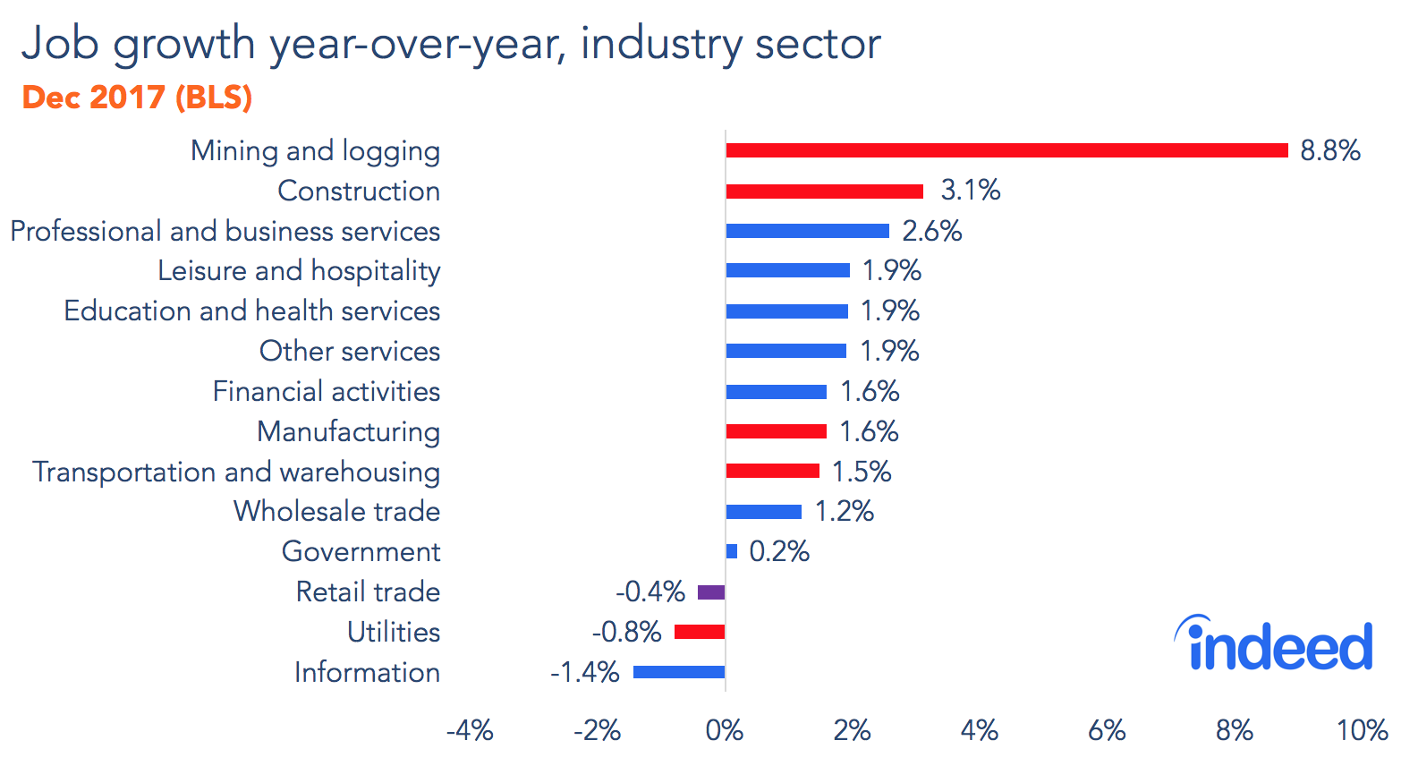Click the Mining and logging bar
tap(1006, 150)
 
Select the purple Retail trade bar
tap(711, 592)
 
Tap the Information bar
tap(679, 672)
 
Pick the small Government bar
tap(732, 551)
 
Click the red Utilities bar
tap(700, 632)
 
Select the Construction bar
tap(824, 191)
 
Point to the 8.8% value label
tap(1329, 150)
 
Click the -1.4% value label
tap(585, 672)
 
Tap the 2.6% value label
tap(931, 231)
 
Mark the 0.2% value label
tap(778, 551)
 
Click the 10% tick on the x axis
tap(1362, 731)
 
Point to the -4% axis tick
tap(470, 731)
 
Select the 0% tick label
tap(725, 731)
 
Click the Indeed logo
tap(1273, 644)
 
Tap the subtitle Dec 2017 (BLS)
tap(137, 97)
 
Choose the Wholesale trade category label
tap(336, 511)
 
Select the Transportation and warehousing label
tap(236, 472)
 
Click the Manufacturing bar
tap(776, 431)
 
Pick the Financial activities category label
tap(326, 391)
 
